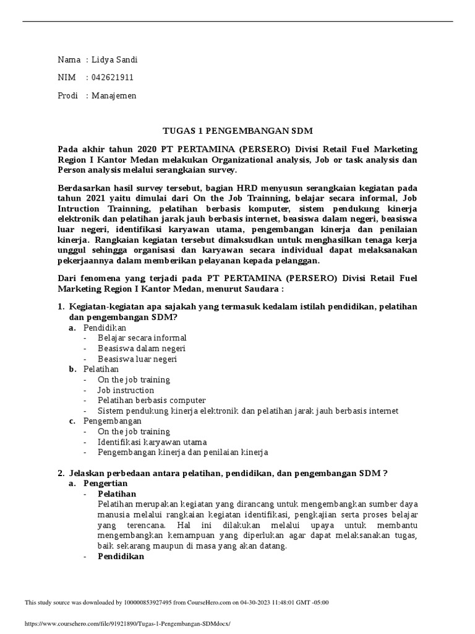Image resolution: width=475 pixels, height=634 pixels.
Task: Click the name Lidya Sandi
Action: [114, 59]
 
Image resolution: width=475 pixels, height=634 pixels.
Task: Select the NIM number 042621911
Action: [113, 77]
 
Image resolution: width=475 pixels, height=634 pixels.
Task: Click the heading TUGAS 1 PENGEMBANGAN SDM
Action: [237, 131]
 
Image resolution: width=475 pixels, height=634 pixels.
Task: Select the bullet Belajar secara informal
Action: [142, 337]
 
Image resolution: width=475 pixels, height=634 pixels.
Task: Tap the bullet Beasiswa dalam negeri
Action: [141, 348]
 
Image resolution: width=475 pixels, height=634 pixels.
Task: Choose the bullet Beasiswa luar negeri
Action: [137, 358]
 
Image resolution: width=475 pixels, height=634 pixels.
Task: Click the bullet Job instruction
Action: [126, 390]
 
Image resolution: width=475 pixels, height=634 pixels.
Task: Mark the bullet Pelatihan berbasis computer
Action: [142, 401]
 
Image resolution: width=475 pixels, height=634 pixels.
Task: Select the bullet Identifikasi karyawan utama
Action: [152, 442]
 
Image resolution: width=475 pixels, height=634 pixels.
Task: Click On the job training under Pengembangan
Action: [134, 432]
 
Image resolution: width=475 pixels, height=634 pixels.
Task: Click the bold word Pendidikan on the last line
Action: [121, 557]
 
